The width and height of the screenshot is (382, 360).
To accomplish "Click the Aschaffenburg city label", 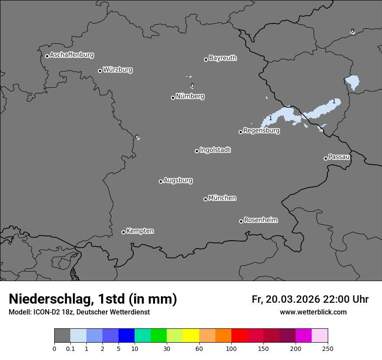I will (x=72, y=55).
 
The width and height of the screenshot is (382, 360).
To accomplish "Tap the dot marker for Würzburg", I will (x=100, y=71).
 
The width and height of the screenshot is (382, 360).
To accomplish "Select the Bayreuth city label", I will (x=223, y=58).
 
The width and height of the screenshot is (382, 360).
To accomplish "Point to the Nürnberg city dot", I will (x=173, y=98).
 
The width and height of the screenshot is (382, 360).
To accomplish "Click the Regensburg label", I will (x=261, y=130).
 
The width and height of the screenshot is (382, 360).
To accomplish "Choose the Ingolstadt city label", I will (x=215, y=150).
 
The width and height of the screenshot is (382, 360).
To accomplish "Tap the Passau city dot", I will (x=326, y=158).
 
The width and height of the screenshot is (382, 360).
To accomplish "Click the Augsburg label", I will (x=178, y=180).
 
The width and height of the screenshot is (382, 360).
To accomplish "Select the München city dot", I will (x=205, y=199).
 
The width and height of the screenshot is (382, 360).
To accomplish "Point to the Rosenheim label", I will (x=260, y=220).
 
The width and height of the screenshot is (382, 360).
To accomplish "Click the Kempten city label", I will (x=140, y=231).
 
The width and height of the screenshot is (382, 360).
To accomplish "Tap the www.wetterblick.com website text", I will (x=313, y=312).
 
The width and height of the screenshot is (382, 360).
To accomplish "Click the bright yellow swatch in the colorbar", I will (x=191, y=336).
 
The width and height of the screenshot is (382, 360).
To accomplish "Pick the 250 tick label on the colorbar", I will (x=327, y=348).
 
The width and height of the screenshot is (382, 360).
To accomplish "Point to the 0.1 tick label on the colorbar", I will (x=70, y=348).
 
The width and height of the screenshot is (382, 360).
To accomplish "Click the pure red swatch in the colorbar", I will (x=239, y=336).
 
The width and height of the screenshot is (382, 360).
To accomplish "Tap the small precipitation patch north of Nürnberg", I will (x=192, y=85).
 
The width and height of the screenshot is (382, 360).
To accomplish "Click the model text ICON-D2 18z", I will (x=53, y=312).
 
